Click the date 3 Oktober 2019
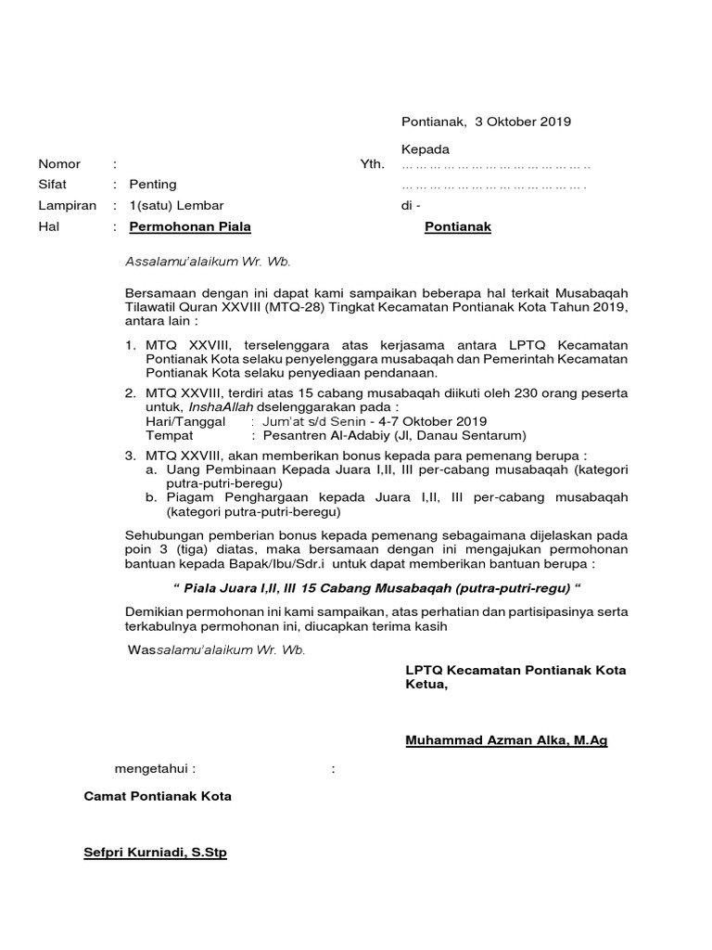pyautogui.click(x=523, y=122)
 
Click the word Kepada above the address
pyautogui.click(x=425, y=149)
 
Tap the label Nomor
pyautogui.click(x=58, y=164)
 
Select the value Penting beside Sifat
pyautogui.click(x=153, y=185)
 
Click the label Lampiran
pyautogui.click(x=67, y=205)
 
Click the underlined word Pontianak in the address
pyautogui.click(x=458, y=226)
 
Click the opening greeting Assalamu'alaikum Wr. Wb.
pyautogui.click(x=209, y=262)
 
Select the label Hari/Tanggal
pyautogui.click(x=185, y=421)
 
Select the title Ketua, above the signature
pyautogui.click(x=426, y=686)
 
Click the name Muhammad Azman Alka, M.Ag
pyautogui.click(x=506, y=740)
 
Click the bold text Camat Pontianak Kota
pyautogui.click(x=158, y=796)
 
